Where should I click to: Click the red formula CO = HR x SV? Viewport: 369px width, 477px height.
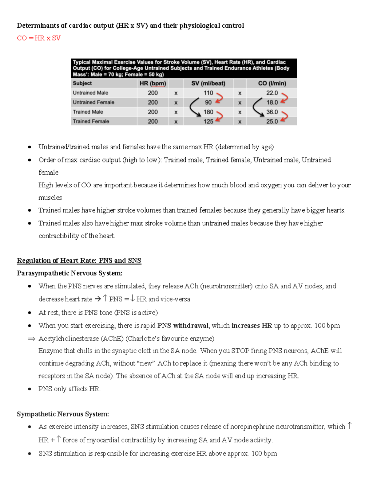(x=39, y=38)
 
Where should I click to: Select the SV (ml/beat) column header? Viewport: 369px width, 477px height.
(x=208, y=83)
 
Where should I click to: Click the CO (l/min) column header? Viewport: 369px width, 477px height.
(x=272, y=83)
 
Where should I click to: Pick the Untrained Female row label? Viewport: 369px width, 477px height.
(x=93, y=102)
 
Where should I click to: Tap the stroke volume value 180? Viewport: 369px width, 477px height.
(x=208, y=112)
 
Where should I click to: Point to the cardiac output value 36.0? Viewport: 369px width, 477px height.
(x=272, y=112)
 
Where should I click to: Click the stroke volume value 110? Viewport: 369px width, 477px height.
(x=208, y=93)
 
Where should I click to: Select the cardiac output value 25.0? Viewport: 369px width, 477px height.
(x=272, y=121)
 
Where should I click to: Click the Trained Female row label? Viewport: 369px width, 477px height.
(x=91, y=121)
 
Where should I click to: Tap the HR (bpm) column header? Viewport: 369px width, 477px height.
(x=153, y=83)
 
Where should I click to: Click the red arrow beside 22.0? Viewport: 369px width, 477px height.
(x=284, y=98)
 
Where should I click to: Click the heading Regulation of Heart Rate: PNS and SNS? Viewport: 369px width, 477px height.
(x=79, y=260)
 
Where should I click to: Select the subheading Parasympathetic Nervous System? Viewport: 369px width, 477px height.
(x=69, y=273)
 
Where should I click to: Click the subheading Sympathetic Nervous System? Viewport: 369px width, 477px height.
(x=63, y=414)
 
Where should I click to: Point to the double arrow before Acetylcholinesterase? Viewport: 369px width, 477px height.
(x=31, y=339)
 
